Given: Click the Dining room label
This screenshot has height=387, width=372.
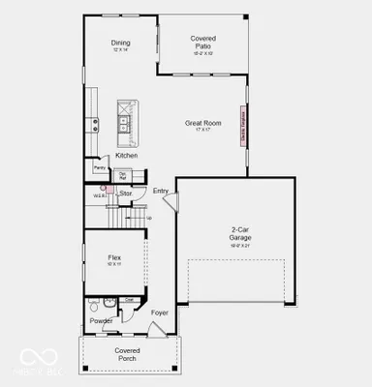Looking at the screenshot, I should point(121,43).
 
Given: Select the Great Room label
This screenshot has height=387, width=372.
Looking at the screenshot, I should point(204,123).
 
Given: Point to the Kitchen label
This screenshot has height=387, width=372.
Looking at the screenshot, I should point(127,156).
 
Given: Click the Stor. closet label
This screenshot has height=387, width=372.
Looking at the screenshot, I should point(126,193).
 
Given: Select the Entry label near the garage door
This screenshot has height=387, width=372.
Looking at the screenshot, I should point(161,191).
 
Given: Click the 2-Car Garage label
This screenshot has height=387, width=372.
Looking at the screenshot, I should point(240,233).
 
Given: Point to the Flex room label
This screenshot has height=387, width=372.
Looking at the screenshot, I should point(114,258).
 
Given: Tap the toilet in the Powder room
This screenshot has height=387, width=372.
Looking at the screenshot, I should point(95,309).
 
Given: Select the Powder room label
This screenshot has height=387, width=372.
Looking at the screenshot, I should point(101,320).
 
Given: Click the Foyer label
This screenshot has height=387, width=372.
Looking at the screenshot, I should point(160,313).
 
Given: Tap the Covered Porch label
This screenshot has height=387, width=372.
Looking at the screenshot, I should point(128,353).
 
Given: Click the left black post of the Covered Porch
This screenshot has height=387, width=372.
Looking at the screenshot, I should point(85,369).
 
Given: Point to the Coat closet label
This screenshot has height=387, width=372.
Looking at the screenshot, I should point(129,299).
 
